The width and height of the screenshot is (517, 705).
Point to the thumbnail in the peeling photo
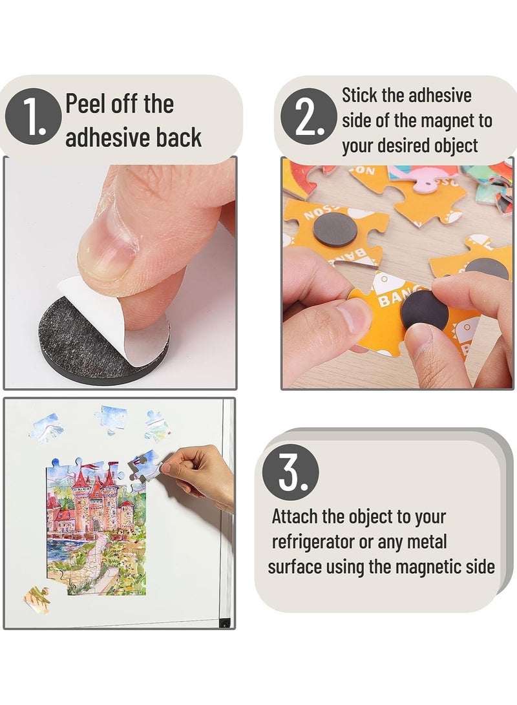click(x=107, y=253)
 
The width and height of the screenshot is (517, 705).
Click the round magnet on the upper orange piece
click(x=335, y=231)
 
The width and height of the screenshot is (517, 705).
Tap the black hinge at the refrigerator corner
click(x=224, y=622)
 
